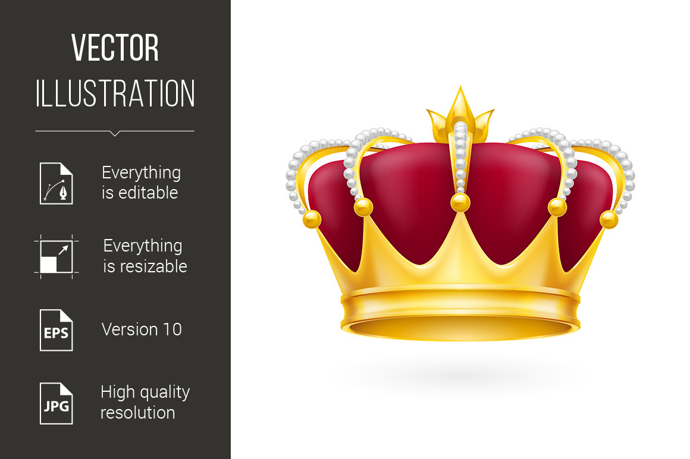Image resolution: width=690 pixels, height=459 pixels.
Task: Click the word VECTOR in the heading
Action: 115,48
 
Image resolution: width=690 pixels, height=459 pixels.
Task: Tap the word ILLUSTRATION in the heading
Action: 115,93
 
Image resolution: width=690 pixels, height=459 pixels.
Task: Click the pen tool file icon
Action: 57,183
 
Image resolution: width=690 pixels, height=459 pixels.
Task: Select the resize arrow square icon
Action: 57,257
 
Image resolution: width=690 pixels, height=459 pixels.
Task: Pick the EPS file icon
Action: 57,330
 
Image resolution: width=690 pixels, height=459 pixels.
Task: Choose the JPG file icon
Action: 57,404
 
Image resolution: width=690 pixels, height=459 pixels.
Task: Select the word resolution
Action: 138,413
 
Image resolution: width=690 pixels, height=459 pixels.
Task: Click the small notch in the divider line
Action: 115,133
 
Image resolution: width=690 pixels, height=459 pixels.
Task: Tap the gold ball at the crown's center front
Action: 460,203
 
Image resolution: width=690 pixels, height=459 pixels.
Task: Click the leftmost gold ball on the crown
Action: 312,219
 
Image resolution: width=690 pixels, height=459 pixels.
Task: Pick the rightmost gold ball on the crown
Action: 609,219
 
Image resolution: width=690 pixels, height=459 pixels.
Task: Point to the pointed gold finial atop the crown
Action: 460,114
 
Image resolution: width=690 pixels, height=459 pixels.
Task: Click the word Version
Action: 130,329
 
